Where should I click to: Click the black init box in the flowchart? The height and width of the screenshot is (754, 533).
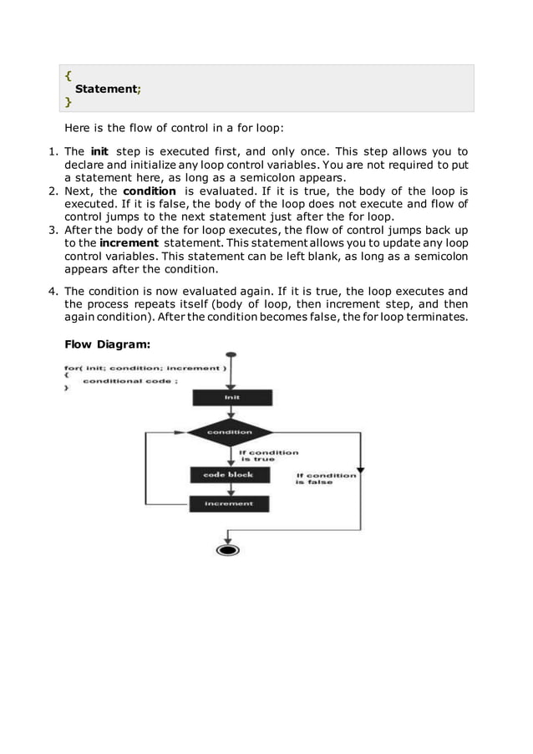[x=231, y=398]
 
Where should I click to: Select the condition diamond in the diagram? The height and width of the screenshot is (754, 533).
[x=230, y=432]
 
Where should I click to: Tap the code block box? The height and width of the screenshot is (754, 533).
[x=228, y=475]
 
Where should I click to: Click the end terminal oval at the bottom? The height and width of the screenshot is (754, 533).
[x=227, y=549]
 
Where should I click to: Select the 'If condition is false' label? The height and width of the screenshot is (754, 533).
[x=326, y=478]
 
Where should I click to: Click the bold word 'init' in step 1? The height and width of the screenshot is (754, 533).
[x=99, y=151]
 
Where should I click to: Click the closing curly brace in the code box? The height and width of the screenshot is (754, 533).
[x=68, y=101]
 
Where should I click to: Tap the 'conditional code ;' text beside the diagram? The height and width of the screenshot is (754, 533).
[x=129, y=381]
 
